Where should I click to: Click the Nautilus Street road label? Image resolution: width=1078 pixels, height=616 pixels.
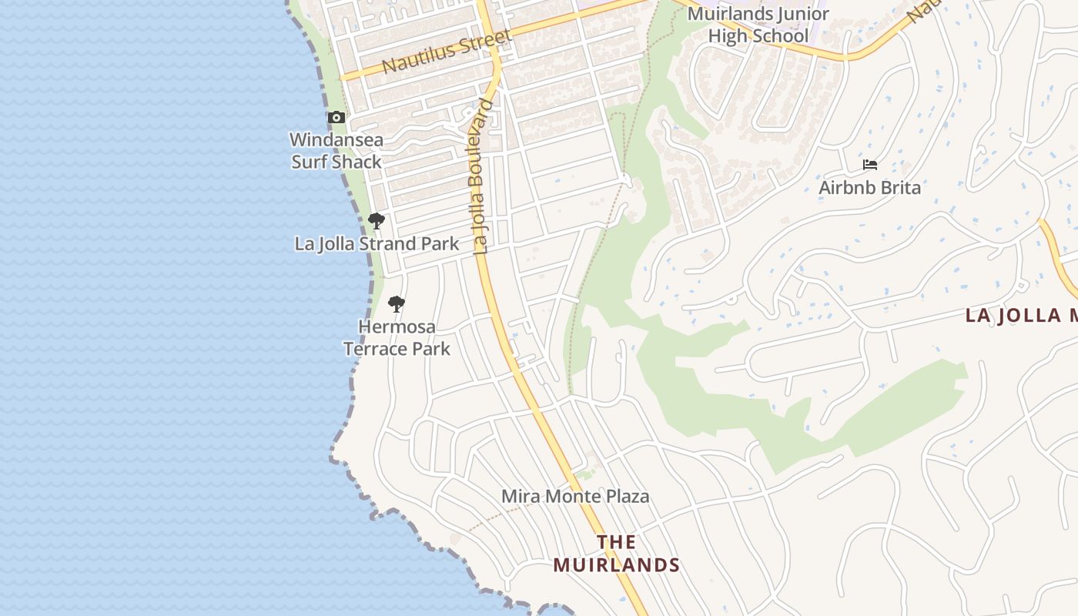[x=447, y=52]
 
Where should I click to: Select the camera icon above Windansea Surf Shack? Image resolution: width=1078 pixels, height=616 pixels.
[x=336, y=118]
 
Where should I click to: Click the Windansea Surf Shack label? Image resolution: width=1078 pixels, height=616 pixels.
[x=336, y=151]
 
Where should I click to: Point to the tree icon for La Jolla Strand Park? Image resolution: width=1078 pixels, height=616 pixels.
[x=376, y=222]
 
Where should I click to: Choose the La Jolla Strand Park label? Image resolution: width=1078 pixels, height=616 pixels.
[x=377, y=244]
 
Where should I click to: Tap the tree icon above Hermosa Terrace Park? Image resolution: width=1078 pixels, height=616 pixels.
[x=397, y=304]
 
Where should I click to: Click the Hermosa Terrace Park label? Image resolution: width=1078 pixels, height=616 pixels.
[x=397, y=337]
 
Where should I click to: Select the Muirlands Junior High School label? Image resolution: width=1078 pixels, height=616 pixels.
[x=758, y=25]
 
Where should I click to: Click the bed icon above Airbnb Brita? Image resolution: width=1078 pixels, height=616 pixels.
[x=870, y=165]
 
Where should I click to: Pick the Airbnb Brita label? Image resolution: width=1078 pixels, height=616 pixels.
[x=869, y=188]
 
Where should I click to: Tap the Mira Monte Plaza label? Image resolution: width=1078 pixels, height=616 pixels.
[x=575, y=497]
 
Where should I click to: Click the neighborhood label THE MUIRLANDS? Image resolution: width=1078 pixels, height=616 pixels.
[x=616, y=554]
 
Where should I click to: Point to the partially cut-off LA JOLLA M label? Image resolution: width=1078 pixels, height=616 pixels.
[x=1021, y=316]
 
